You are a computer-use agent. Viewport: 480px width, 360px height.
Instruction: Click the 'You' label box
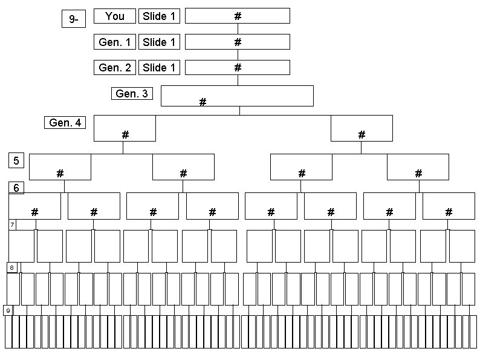click(114, 16)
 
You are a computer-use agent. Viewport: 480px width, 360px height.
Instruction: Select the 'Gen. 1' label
click(114, 42)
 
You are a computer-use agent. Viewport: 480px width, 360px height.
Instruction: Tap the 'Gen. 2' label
click(114, 68)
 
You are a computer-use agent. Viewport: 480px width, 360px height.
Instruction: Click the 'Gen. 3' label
click(132, 94)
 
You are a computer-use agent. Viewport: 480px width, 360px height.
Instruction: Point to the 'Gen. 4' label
click(65, 123)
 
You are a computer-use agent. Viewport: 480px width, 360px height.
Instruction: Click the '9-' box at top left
click(74, 19)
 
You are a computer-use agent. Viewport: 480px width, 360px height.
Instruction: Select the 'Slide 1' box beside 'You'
click(159, 16)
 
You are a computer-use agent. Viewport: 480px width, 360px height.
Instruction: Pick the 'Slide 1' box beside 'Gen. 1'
click(159, 42)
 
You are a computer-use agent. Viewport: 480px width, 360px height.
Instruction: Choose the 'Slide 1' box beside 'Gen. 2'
click(159, 68)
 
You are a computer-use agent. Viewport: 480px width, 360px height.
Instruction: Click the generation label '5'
click(16, 160)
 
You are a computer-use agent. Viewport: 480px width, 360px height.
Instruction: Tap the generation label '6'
click(16, 188)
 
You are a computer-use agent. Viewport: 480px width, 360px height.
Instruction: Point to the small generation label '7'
click(12, 224)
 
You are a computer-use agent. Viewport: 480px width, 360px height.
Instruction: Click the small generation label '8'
click(11, 267)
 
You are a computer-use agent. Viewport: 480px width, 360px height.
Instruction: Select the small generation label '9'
click(8, 310)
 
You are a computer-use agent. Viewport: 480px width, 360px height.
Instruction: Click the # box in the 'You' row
click(237, 16)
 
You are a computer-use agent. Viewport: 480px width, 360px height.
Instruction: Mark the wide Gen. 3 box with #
click(237, 96)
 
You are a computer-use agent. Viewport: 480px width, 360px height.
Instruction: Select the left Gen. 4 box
click(125, 128)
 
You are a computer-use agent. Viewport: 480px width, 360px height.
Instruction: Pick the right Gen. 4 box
click(362, 128)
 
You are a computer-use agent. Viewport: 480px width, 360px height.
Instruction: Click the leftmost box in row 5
click(60, 167)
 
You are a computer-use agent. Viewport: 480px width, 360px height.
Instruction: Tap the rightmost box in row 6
click(449, 206)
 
